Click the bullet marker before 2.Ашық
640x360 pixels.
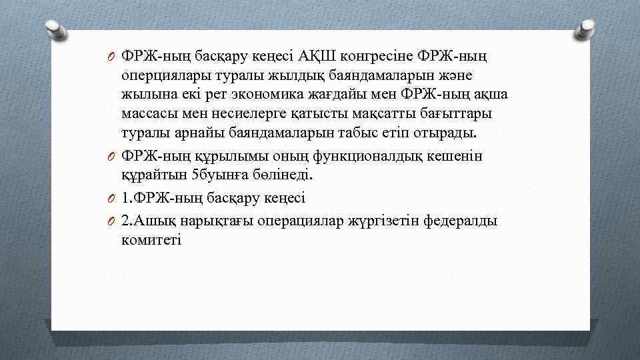click(114, 221)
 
